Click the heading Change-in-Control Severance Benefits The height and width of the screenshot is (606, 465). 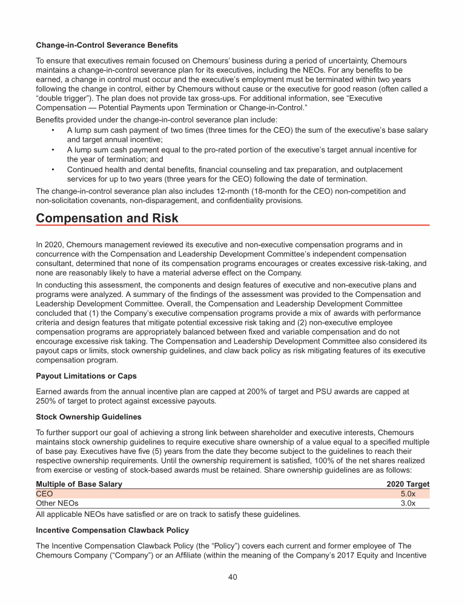tap(107, 45)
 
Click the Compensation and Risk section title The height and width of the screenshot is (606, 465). tap(107, 217)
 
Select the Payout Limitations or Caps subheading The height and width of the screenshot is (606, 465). tap(86, 376)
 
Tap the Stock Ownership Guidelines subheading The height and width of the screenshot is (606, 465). tap(88, 418)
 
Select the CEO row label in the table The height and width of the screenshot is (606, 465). tap(45, 494)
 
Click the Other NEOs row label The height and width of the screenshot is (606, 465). tap(57, 503)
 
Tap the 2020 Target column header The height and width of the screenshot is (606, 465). tap(407, 484)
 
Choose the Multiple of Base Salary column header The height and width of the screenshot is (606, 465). tap(79, 484)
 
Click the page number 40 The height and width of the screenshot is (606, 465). tap(232, 577)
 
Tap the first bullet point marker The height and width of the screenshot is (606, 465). tap(54, 131)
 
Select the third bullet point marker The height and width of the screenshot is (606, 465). tap(54, 170)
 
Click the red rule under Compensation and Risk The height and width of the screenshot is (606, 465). tap(232, 225)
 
